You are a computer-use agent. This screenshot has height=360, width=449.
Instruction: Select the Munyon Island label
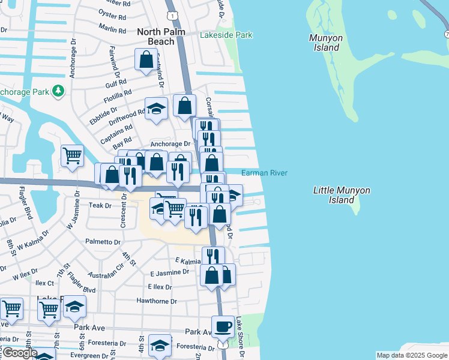(326, 43)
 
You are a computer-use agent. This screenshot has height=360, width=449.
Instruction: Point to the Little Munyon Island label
(342, 195)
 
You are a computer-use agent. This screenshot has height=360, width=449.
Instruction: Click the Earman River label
(264, 173)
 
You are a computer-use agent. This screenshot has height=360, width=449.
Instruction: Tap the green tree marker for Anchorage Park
(58, 91)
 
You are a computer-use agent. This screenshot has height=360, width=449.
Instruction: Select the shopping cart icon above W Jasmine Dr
(72, 155)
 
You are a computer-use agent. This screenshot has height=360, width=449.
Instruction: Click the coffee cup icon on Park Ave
(223, 326)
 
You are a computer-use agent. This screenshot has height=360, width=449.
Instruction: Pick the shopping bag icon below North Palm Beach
(146, 59)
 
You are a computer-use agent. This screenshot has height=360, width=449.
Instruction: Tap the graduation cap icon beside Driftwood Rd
(156, 109)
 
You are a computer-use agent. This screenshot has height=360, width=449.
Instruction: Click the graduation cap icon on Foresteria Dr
(160, 346)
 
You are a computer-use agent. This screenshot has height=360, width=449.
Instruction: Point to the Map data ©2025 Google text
(412, 355)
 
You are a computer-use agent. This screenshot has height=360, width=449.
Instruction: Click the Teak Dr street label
(100, 205)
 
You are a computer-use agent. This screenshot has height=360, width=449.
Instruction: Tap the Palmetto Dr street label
(103, 242)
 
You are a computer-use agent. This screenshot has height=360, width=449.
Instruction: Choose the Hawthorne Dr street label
(157, 302)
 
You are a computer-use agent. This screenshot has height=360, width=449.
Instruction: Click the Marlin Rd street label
(113, 29)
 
